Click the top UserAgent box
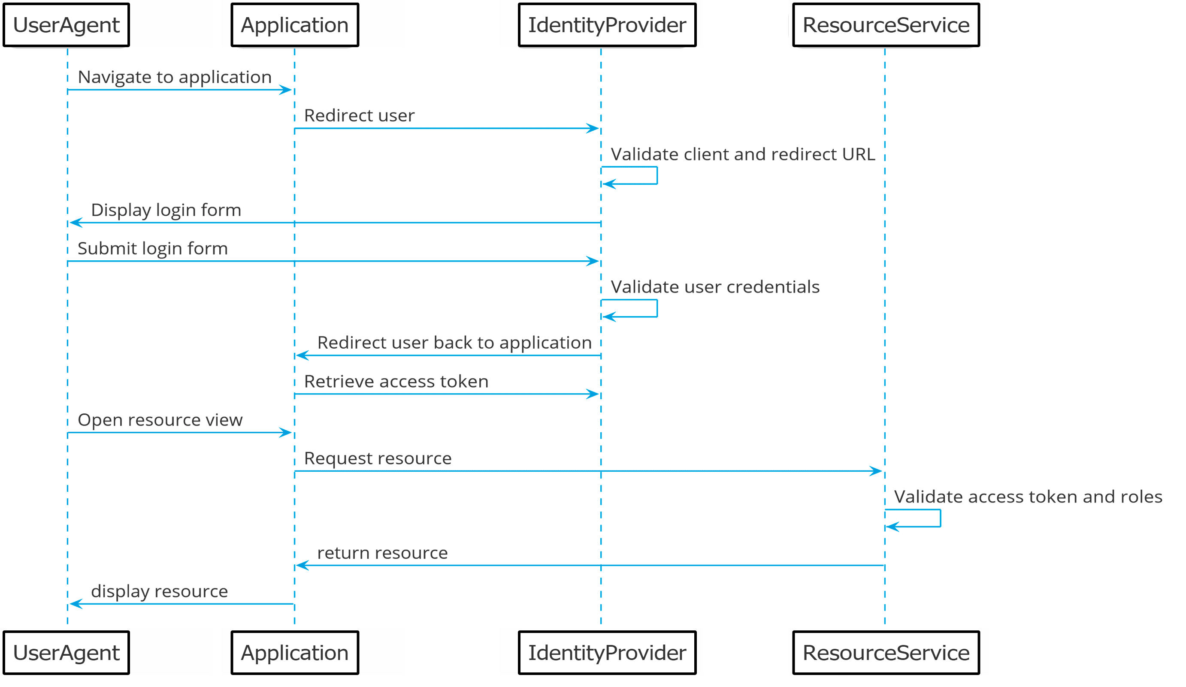pyautogui.click(x=67, y=25)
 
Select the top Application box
pyautogui.click(x=295, y=25)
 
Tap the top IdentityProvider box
pyautogui.click(x=608, y=25)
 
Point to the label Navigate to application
pyautogui.click(x=175, y=77)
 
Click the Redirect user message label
pyautogui.click(x=360, y=116)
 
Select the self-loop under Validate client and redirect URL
pyautogui.click(x=657, y=175)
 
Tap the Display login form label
pyautogui.click(x=166, y=210)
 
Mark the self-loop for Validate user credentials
pyautogui.click(x=657, y=308)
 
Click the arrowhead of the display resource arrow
pyautogui.click(x=75, y=605)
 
